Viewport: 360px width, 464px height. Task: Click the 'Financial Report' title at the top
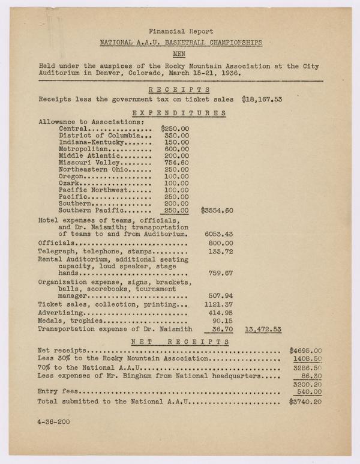[x=181, y=31]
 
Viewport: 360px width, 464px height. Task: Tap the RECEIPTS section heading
[x=181, y=89]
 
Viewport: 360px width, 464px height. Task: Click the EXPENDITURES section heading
[x=179, y=112]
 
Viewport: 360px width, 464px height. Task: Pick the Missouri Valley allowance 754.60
[x=177, y=162]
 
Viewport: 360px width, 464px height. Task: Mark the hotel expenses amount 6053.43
[x=219, y=234]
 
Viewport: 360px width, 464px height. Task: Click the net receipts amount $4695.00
[x=305, y=350]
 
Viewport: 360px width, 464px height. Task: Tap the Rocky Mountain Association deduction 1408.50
[x=307, y=358]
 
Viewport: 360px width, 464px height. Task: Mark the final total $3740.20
[x=305, y=402]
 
